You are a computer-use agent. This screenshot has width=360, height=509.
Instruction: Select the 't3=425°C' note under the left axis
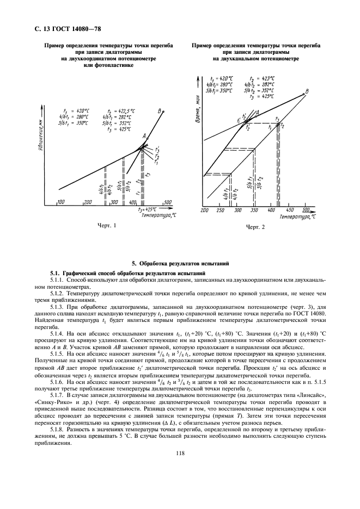point(147,208)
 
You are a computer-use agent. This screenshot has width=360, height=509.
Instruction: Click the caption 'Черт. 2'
point(255,227)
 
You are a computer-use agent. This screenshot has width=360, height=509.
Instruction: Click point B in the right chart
point(307,92)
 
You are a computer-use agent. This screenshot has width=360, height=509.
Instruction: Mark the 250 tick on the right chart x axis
point(221,210)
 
